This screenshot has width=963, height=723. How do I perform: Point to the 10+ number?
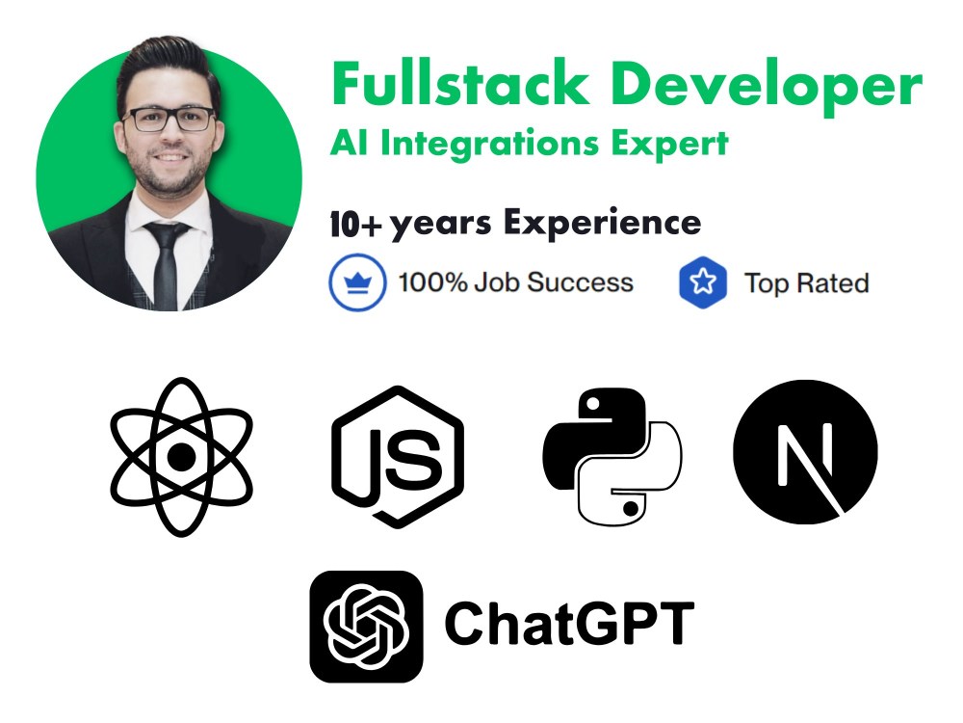click(355, 225)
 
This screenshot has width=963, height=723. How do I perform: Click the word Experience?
click(602, 223)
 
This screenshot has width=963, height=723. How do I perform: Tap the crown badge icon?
click(357, 283)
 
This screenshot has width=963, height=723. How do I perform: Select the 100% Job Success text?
click(515, 283)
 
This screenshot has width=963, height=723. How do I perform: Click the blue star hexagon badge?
click(702, 283)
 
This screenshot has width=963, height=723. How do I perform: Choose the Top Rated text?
click(806, 283)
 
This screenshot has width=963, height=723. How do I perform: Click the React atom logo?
click(181, 456)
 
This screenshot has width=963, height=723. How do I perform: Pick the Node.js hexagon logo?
click(397, 456)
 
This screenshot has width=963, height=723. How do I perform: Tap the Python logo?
click(612, 456)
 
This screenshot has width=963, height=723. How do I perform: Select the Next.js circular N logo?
click(805, 452)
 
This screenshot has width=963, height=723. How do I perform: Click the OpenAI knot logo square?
click(366, 626)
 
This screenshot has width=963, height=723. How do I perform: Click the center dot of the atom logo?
click(181, 457)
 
